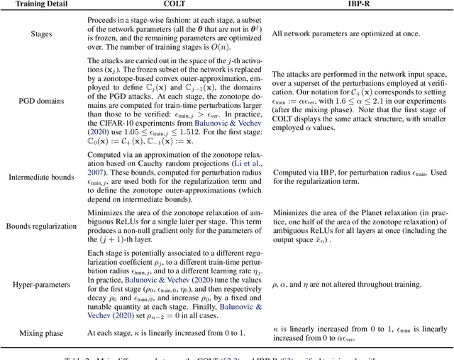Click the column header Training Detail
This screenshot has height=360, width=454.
[x=40, y=6]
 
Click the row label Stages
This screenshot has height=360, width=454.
[x=40, y=33]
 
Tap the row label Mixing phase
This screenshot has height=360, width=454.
[x=40, y=332]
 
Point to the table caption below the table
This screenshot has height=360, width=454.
[x=227, y=354]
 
